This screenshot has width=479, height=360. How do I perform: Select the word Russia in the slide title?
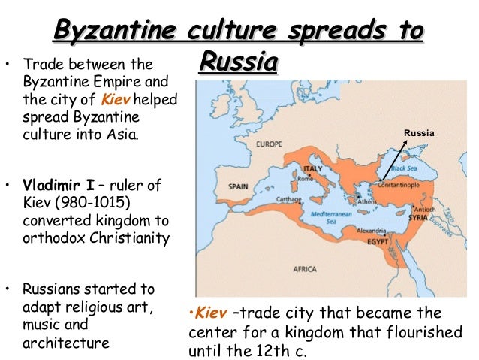click(x=239, y=62)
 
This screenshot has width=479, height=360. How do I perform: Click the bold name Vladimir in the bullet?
click(x=50, y=185)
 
